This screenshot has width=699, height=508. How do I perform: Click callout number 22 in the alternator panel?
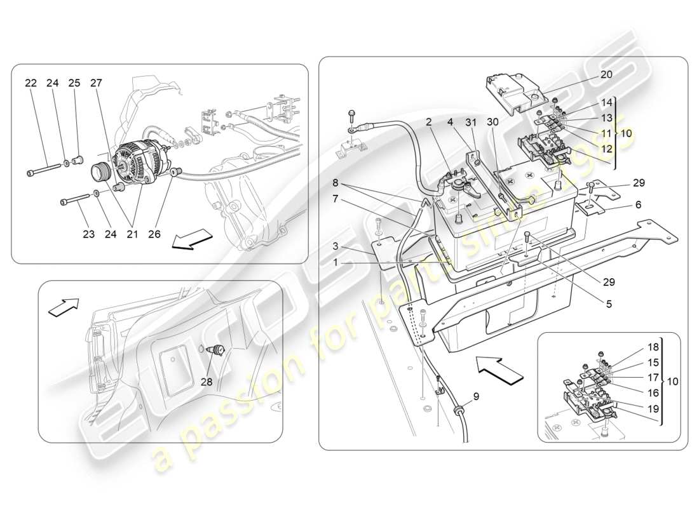click(x=31, y=83)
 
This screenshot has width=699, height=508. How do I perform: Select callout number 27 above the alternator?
click(x=95, y=83)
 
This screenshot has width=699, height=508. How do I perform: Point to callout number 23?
click(x=88, y=234)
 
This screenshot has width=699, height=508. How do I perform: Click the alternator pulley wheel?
click(x=101, y=172)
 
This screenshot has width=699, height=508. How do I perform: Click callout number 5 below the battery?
click(x=609, y=304)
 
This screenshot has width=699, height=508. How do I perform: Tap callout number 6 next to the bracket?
click(x=637, y=205)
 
